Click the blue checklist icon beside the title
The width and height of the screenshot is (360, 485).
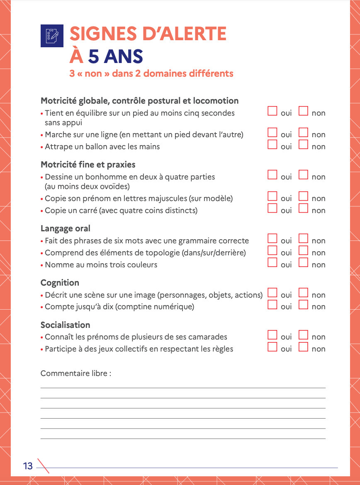click(x=52, y=35)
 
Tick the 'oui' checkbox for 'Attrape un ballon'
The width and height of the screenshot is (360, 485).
click(x=272, y=145)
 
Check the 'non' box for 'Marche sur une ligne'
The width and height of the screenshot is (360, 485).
click(x=304, y=133)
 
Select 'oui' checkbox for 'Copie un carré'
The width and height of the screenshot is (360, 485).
click(x=272, y=209)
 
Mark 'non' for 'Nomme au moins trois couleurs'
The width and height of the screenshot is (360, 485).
click(x=304, y=262)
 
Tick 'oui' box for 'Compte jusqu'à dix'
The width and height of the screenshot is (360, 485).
click(x=272, y=305)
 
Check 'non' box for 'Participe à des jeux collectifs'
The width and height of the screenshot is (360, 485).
click(x=304, y=347)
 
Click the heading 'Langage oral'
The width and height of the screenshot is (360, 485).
click(x=66, y=228)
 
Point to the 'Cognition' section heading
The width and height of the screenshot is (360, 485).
click(x=60, y=283)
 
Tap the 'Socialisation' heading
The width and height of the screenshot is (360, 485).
click(x=65, y=325)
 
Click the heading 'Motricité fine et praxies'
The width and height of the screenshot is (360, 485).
click(x=88, y=165)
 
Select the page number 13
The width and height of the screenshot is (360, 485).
click(x=28, y=466)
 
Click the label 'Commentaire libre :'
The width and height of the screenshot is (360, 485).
click(x=76, y=373)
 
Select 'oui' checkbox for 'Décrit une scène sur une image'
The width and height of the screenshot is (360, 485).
click(x=272, y=293)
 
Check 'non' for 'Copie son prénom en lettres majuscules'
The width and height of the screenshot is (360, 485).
click(x=304, y=196)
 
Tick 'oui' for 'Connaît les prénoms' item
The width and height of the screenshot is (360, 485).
click(x=272, y=335)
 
